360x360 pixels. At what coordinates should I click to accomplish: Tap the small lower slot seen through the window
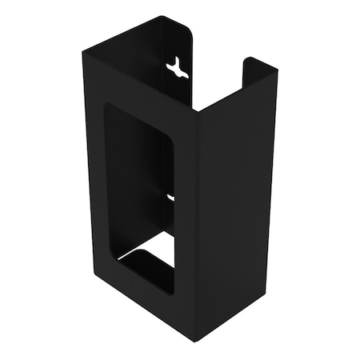point(170,195)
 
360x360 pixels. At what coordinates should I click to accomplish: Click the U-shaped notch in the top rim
point(218,80)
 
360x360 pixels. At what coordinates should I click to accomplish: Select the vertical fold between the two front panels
point(197,216)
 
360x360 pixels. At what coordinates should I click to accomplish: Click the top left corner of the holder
point(84,51)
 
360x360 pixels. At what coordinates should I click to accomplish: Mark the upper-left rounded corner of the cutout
point(109,108)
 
